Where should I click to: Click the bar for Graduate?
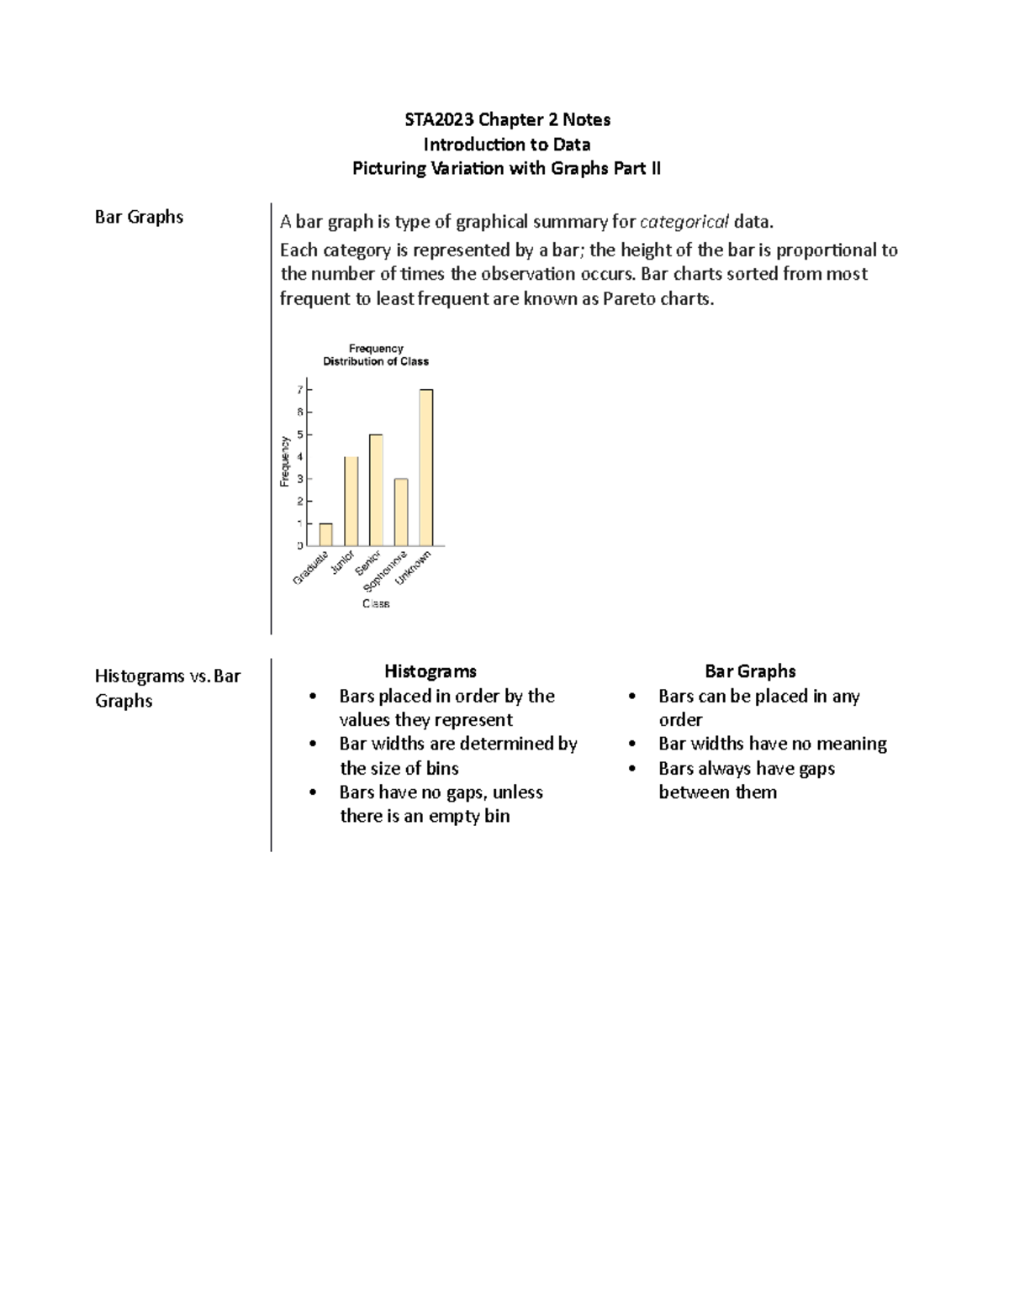(325, 535)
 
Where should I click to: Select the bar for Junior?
(351, 502)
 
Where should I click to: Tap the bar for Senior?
(376, 491)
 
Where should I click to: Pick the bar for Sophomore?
(401, 513)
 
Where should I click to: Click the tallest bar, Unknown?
(426, 468)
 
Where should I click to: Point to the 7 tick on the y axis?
(300, 390)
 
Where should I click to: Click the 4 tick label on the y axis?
(300, 456)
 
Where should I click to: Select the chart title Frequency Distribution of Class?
(376, 355)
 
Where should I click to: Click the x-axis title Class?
(376, 603)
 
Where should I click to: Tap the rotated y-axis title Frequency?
(284, 460)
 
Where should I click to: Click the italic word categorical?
(684, 222)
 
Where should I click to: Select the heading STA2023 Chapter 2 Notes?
(507, 119)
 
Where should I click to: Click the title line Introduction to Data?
(506, 144)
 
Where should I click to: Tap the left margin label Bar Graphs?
(139, 217)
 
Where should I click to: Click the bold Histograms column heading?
(430, 671)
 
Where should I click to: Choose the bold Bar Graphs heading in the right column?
(750, 671)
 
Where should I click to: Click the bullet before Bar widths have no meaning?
(632, 745)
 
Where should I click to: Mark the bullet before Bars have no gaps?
(313, 793)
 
